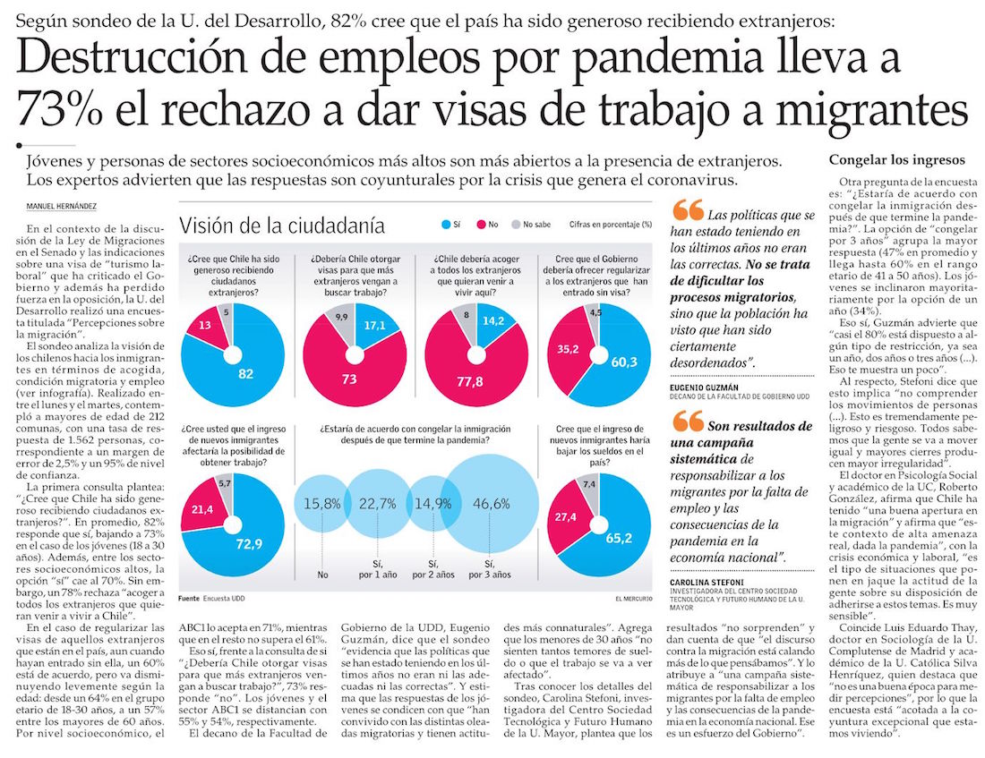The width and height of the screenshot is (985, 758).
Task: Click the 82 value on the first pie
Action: [x=245, y=374]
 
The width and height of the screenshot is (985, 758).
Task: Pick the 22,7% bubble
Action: [x=377, y=504]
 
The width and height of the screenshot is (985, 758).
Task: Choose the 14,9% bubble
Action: [x=433, y=504]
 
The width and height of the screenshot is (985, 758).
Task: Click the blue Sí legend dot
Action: [x=447, y=225]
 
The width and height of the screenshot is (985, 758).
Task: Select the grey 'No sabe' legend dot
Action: [x=515, y=225]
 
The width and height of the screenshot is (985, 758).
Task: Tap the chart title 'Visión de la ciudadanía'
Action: [x=282, y=225]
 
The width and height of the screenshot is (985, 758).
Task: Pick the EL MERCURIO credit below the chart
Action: [x=635, y=598]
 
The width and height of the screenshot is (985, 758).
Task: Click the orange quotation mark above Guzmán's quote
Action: [x=687, y=212]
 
